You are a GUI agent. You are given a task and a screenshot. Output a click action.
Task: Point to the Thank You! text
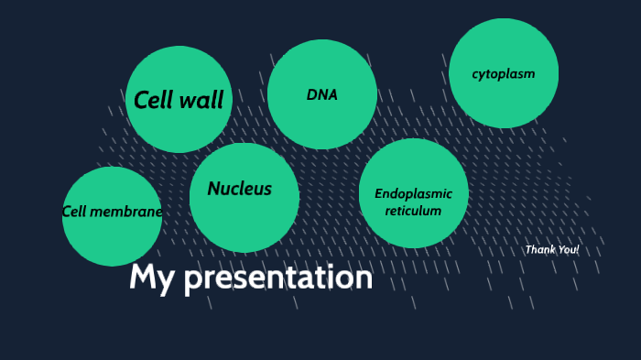click(551, 249)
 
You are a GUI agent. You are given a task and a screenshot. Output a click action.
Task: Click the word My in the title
click(151, 277)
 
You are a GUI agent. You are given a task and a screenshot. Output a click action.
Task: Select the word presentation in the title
click(278, 278)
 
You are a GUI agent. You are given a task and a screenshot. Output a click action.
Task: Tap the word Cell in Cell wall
click(154, 100)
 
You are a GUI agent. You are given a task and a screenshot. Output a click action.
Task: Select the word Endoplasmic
click(414, 193)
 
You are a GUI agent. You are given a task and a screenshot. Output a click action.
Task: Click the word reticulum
click(414, 211)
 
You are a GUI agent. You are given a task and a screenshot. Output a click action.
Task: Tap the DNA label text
click(322, 94)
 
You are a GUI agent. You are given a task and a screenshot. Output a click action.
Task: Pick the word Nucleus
click(240, 189)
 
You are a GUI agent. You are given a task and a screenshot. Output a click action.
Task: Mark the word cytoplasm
click(504, 73)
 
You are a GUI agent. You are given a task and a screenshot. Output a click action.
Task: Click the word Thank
click(540, 249)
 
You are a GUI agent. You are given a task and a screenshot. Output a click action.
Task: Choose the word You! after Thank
click(569, 249)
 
